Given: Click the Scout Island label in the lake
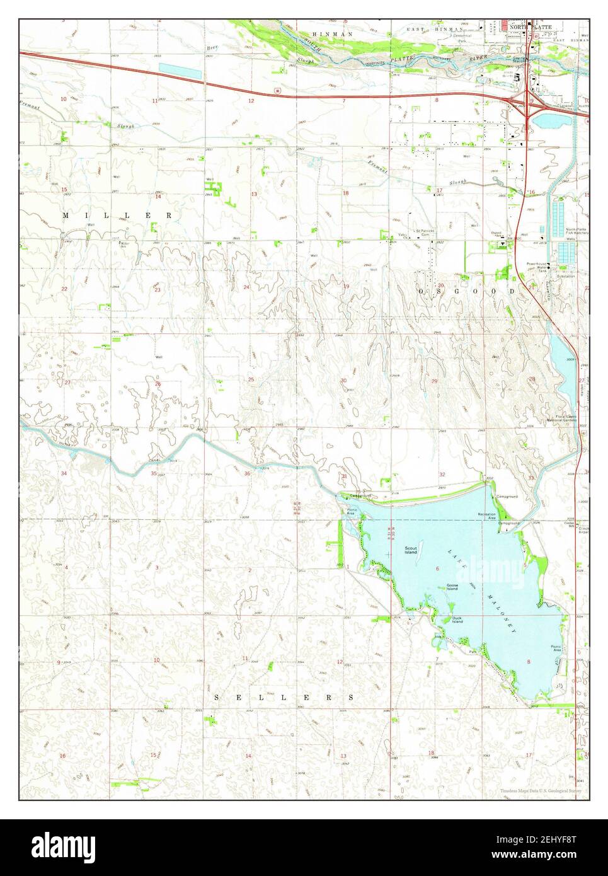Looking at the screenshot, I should coord(411,550).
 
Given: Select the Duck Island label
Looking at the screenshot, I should coord(457,620).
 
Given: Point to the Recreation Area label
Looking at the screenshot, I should coord(486,516).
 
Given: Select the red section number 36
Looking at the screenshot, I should coord(248,473).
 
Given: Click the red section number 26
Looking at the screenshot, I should coord(158,383).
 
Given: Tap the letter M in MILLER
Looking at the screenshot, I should coord(66,216).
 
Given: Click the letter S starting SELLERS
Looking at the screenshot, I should coord(217,698).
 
